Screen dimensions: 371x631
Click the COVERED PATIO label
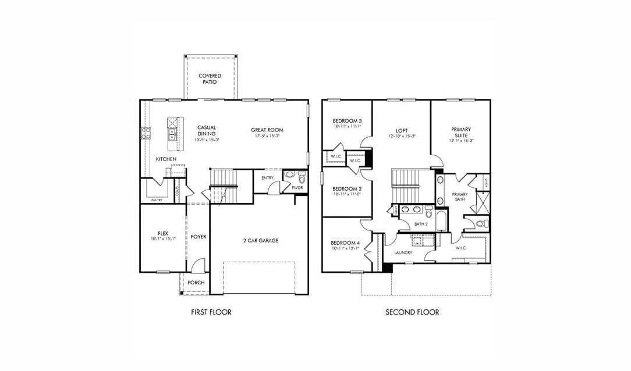point(210,79)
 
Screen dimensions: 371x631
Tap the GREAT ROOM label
point(267,130)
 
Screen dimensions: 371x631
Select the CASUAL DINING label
point(207,131)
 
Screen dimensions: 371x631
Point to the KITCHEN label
point(166,159)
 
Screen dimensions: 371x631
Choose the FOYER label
point(198,237)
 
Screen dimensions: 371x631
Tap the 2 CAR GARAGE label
point(261,240)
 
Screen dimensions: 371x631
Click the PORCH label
point(196,283)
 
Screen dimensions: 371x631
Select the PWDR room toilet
point(302,177)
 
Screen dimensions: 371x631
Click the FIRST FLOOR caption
point(211,312)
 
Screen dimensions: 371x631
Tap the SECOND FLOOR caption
point(412,312)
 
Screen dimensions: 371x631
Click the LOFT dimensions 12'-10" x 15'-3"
point(402,136)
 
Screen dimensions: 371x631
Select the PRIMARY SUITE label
point(461,133)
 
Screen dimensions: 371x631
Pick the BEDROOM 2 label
point(347,189)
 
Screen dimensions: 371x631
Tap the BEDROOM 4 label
point(346,242)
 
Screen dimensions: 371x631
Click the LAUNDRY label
point(403,252)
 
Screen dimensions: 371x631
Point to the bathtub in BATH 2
point(441,221)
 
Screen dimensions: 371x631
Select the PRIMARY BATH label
point(460,197)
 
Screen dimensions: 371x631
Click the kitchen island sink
point(172,135)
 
